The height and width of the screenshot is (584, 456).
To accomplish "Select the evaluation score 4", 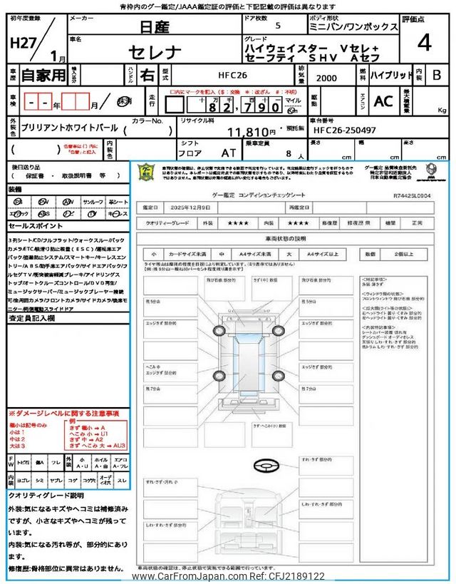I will [x=424, y=43].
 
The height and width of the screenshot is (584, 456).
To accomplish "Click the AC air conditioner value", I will [x=383, y=101].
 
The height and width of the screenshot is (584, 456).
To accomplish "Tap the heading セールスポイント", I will [x=36, y=225].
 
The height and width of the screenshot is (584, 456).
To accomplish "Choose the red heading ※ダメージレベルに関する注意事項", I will [x=64, y=414].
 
